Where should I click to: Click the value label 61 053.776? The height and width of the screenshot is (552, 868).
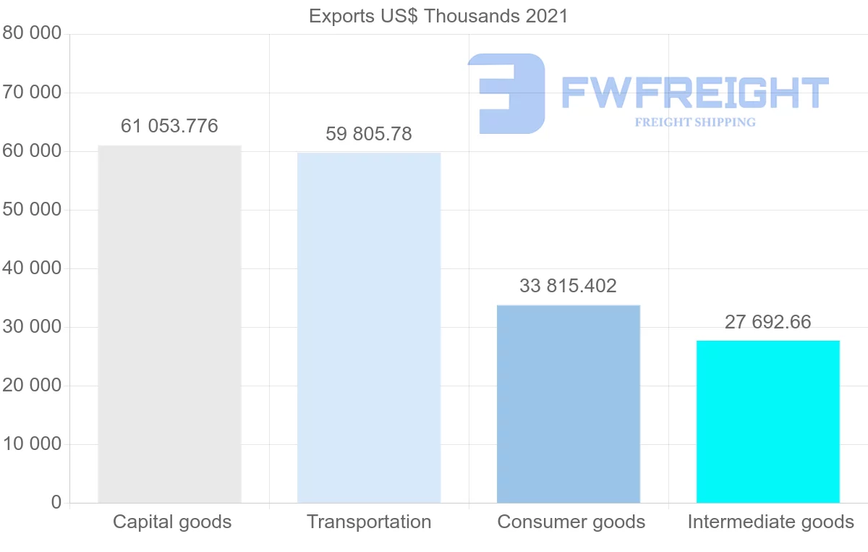click(x=169, y=126)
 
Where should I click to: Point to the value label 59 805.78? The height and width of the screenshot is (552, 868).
click(x=369, y=134)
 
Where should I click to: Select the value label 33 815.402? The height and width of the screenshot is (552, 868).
click(x=569, y=286)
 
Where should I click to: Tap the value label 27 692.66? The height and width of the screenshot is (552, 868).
click(x=768, y=322)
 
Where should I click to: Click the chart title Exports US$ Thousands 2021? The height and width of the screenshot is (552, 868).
click(x=438, y=16)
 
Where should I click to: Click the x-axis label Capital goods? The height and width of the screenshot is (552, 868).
click(x=172, y=522)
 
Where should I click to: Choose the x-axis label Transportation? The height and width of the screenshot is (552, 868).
click(x=369, y=522)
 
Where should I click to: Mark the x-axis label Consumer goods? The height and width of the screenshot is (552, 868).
click(x=571, y=522)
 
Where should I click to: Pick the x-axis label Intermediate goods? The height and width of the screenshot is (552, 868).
click(x=771, y=522)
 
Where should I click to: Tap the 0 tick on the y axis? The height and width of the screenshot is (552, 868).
click(x=56, y=503)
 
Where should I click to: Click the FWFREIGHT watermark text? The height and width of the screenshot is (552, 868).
click(x=694, y=93)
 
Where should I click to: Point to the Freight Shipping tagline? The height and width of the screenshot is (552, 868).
click(x=695, y=122)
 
